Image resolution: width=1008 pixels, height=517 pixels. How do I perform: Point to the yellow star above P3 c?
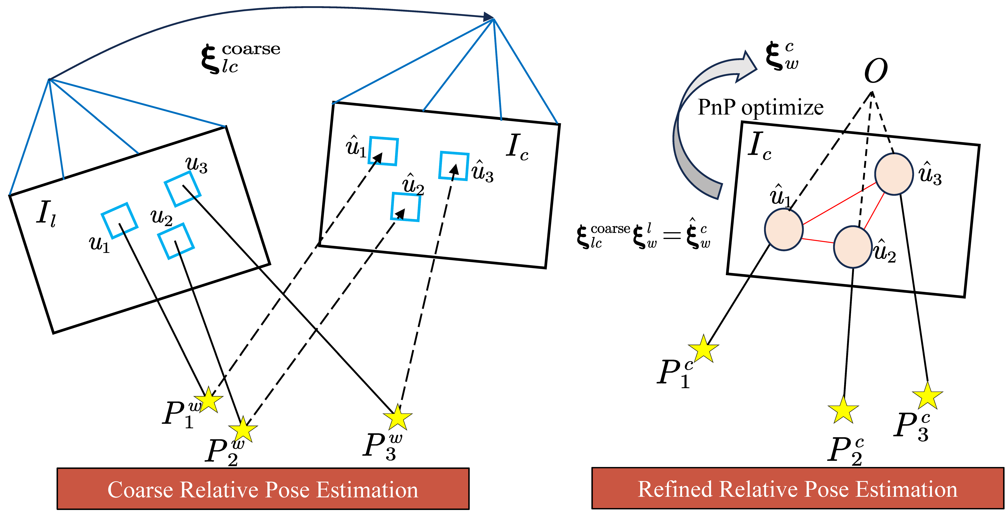pyautogui.click(x=927, y=396)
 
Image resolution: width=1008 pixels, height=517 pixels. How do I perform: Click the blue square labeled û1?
pyautogui.click(x=384, y=151)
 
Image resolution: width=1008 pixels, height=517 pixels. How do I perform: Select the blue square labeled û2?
pyautogui.click(x=406, y=207)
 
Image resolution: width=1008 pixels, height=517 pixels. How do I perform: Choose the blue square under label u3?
pyautogui.click(x=182, y=189)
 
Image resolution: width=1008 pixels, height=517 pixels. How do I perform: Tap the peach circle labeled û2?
pyautogui.click(x=853, y=247)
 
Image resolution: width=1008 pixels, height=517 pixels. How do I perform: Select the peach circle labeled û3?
pyautogui.click(x=894, y=174)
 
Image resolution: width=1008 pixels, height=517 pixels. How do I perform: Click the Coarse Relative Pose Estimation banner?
pyautogui.click(x=263, y=489)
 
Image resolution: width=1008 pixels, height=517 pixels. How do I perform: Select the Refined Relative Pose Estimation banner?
pyautogui.click(x=797, y=488)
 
